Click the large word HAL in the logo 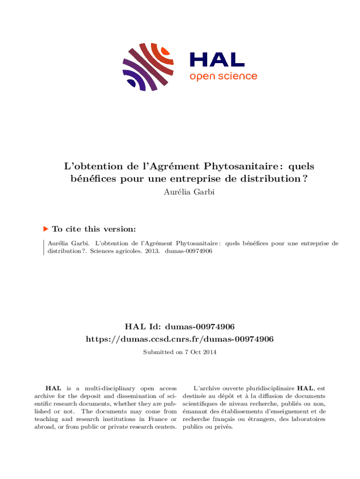[217, 59]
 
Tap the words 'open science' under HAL [223, 76]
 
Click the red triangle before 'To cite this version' [46, 229]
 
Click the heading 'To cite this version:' [94, 229]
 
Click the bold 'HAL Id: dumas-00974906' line [180, 327]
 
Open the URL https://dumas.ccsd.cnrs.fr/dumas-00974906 [180, 339]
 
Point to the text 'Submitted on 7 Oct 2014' [180, 351]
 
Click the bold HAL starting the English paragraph [52, 388]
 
